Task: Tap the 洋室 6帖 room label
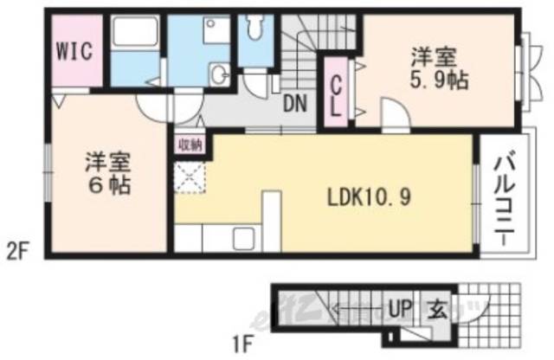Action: [108, 173]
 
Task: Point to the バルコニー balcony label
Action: [505, 196]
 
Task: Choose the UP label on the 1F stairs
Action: [401, 306]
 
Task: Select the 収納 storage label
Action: [190, 145]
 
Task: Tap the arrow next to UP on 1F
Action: [364, 306]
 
